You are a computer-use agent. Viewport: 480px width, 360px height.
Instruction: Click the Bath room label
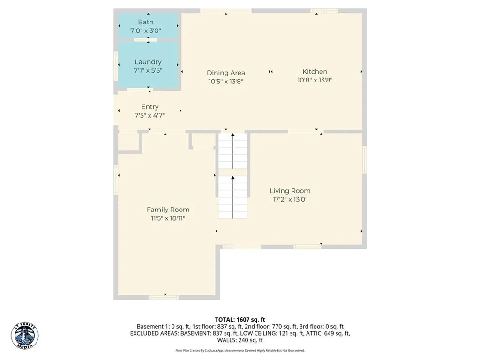(x=145, y=22)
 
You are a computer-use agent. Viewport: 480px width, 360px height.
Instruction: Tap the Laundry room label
(x=148, y=62)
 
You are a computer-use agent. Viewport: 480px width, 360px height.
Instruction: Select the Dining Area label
(x=226, y=73)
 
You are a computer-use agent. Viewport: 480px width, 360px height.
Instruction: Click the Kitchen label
(x=315, y=72)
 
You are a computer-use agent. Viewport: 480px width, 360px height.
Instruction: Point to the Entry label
(x=150, y=107)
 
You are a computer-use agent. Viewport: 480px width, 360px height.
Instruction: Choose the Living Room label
(x=290, y=191)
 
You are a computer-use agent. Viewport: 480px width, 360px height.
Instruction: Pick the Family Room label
(x=168, y=210)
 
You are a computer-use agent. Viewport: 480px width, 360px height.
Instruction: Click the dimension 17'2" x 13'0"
(x=290, y=199)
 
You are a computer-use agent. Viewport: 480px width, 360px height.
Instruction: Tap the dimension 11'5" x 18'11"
(x=168, y=218)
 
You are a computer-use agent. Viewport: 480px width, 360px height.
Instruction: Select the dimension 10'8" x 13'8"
(x=315, y=80)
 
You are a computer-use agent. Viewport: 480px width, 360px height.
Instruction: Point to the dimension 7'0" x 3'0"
(x=145, y=30)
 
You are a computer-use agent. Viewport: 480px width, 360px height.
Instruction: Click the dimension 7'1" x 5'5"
(x=148, y=70)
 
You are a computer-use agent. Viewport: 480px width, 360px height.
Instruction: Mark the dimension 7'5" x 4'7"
(x=150, y=115)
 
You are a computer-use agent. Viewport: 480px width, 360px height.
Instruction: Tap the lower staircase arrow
(x=233, y=192)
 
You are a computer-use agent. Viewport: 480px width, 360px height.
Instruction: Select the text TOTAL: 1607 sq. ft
(x=240, y=320)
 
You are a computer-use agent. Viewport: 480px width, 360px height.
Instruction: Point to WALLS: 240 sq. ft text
(x=240, y=340)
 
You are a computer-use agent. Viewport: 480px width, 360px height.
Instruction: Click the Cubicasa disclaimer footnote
(x=240, y=350)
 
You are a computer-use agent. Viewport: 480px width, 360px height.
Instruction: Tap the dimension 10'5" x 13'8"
(x=226, y=81)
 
